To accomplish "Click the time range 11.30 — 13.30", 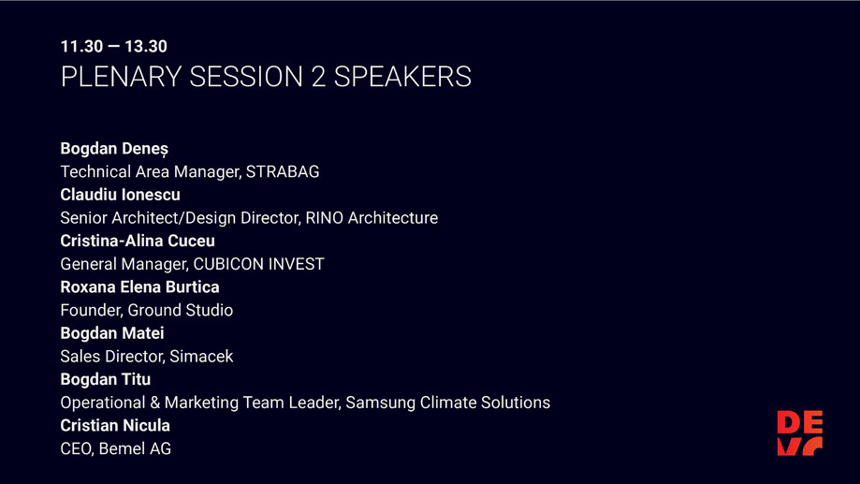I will click(113, 46).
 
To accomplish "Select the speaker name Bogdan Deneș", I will click(114, 149).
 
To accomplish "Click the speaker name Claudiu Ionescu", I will click(120, 195).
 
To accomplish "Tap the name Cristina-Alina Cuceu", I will click(138, 241).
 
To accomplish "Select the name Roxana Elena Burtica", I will click(139, 287).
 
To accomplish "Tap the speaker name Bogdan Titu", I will click(105, 379).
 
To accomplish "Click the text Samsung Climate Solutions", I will click(447, 403).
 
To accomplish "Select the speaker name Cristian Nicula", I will click(115, 426).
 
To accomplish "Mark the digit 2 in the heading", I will click(318, 77).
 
